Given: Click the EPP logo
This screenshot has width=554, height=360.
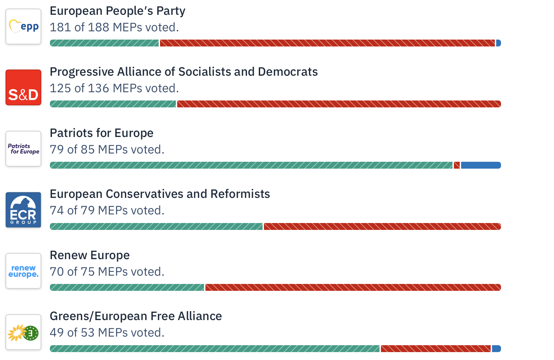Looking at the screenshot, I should (x=23, y=27).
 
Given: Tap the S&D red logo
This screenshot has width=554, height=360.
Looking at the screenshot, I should (x=23, y=87).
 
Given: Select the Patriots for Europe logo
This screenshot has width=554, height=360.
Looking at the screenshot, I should (x=23, y=149).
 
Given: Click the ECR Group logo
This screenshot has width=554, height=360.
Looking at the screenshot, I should (x=23, y=210).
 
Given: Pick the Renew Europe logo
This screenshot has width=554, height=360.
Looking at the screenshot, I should (x=23, y=271).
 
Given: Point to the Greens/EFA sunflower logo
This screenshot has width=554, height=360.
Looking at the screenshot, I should (x=23, y=332).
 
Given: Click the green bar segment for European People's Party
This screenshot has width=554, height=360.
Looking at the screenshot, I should (x=104, y=43).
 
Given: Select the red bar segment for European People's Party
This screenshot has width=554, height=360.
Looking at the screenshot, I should (x=327, y=43).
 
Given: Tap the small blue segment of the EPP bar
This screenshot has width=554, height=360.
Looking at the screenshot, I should (x=498, y=43).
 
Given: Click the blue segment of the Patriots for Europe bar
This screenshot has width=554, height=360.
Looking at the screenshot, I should (x=481, y=165).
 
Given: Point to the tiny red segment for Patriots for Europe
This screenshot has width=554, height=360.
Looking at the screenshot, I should (x=457, y=165).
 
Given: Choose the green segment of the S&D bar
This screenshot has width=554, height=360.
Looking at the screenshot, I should (x=113, y=104).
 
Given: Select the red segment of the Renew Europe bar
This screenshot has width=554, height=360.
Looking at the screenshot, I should (x=353, y=287).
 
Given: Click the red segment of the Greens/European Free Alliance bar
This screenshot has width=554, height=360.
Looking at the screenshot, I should (x=435, y=349).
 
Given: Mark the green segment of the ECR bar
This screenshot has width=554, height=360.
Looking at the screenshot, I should (x=156, y=226).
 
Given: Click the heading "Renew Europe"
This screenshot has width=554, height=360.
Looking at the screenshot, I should (x=90, y=255).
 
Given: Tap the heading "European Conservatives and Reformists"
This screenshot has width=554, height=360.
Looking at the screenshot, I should (x=160, y=194).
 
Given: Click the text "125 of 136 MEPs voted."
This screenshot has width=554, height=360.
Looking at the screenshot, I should (x=114, y=88).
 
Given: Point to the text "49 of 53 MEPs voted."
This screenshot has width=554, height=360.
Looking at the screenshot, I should (x=107, y=332).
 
